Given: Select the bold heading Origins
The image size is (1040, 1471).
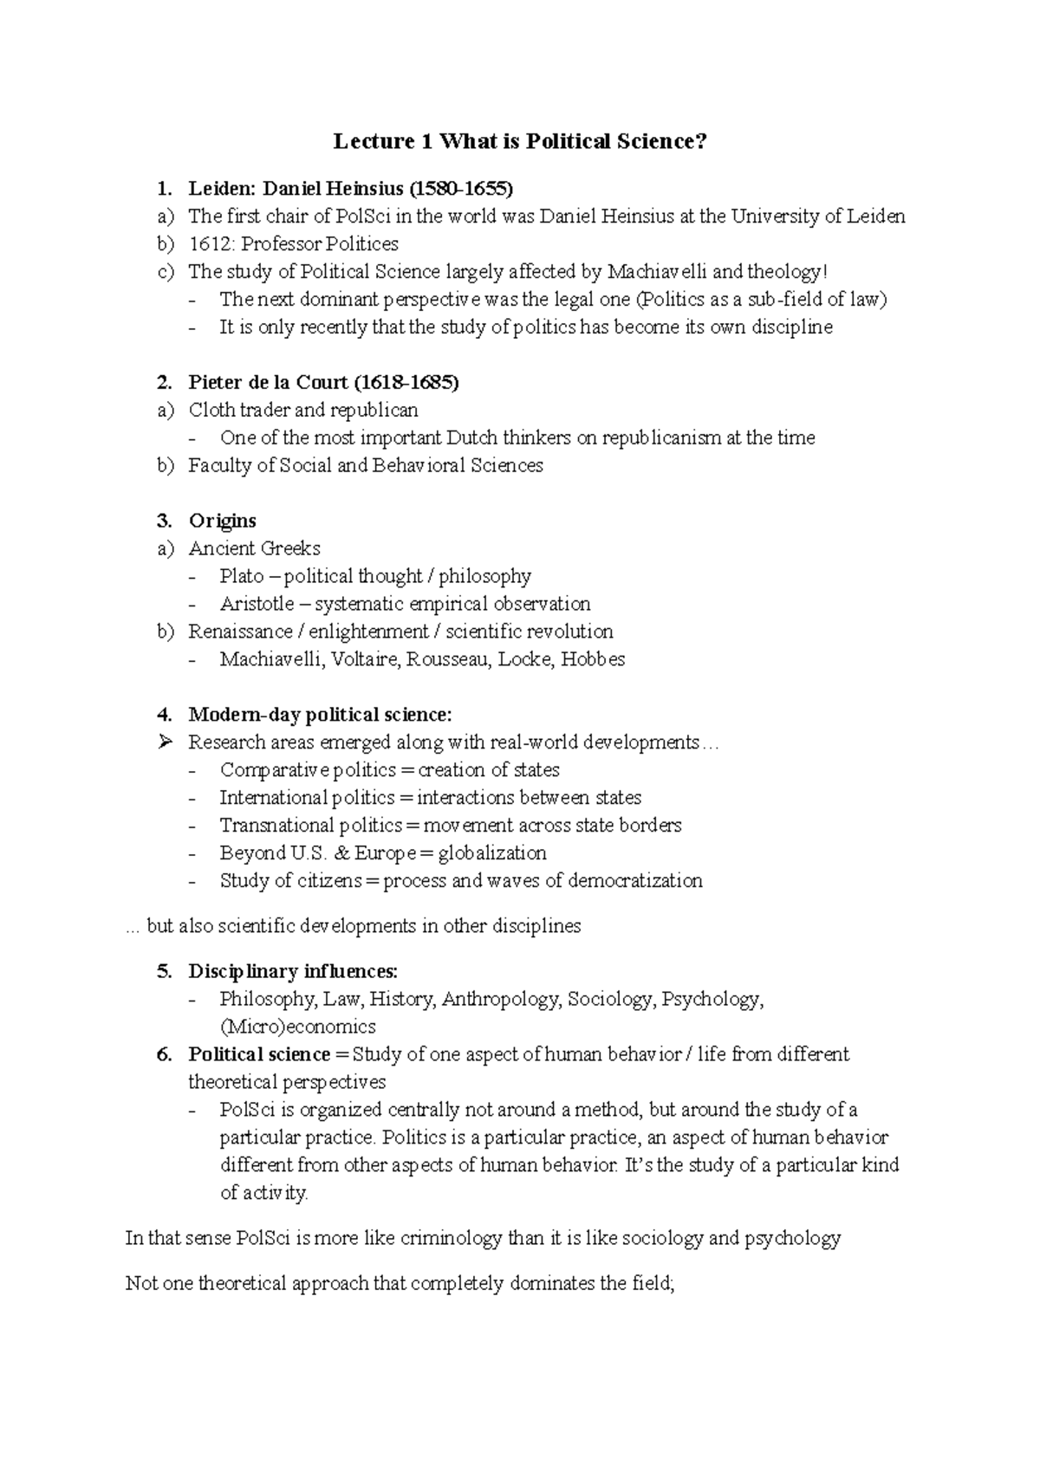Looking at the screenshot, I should point(223,521).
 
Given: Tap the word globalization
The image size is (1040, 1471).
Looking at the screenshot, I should point(492,853).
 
